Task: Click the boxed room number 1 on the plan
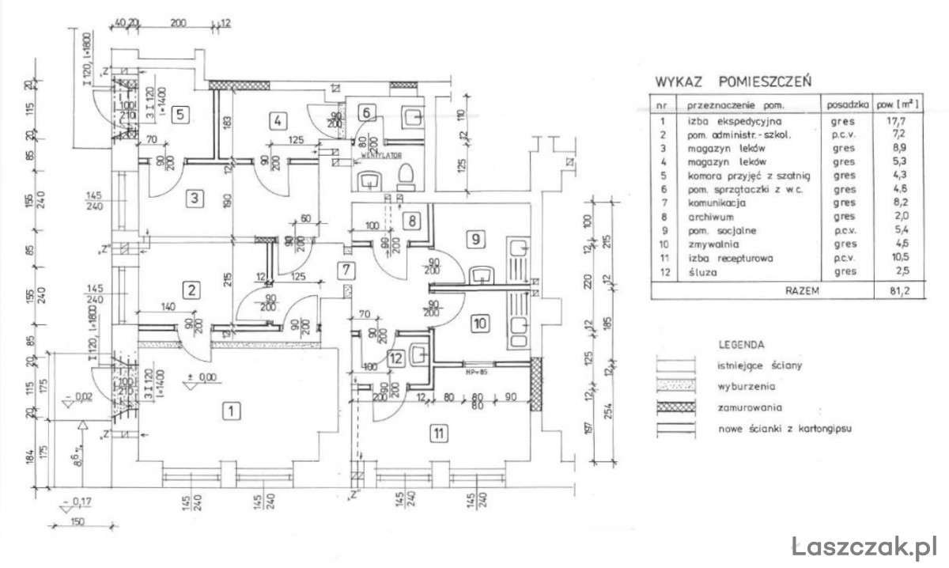(230, 411)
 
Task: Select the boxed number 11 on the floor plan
(437, 432)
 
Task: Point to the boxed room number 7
(345, 269)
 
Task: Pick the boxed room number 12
(397, 358)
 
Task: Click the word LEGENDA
(741, 345)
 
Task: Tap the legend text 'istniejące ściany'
(749, 366)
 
